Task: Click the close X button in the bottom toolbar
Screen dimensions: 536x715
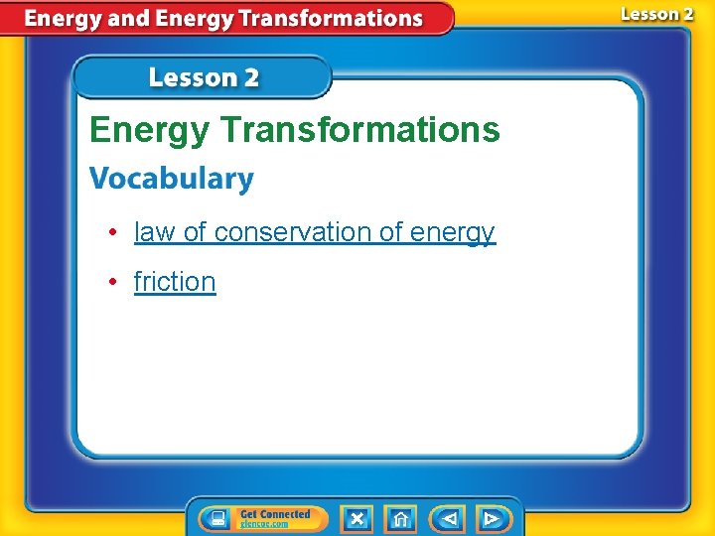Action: coord(357,519)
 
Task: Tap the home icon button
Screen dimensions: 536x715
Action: coord(400,519)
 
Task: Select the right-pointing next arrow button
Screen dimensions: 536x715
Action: coord(491,519)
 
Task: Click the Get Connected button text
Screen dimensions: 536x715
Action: coord(275,514)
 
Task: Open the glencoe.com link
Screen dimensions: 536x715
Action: coord(263,524)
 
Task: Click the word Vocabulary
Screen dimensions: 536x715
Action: coord(172,180)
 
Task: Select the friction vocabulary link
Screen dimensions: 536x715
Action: coord(175,282)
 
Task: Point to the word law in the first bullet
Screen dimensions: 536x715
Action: coord(154,232)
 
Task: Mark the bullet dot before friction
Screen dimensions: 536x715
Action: coord(114,282)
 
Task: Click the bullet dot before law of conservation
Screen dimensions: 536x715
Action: coord(114,232)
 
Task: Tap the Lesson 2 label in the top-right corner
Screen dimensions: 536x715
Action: coord(657,14)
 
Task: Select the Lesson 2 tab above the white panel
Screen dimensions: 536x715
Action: coord(204,77)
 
